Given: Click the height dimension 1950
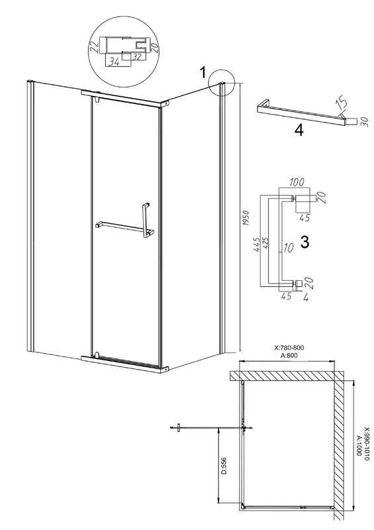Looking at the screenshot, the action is (x=246, y=219).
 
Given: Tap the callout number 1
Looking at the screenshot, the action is (x=203, y=72).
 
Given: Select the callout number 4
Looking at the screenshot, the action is (x=299, y=130).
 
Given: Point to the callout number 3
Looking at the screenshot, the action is (x=304, y=242).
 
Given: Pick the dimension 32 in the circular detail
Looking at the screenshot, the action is (x=136, y=57).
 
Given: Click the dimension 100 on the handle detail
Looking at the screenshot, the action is (x=296, y=182).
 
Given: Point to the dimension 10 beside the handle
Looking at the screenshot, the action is (x=288, y=248).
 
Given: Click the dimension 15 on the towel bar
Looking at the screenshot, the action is (x=340, y=102).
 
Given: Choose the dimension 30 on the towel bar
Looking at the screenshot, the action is (x=363, y=121).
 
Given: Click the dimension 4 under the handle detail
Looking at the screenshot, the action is (x=306, y=298).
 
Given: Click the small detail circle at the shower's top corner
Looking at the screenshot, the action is (x=222, y=82).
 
